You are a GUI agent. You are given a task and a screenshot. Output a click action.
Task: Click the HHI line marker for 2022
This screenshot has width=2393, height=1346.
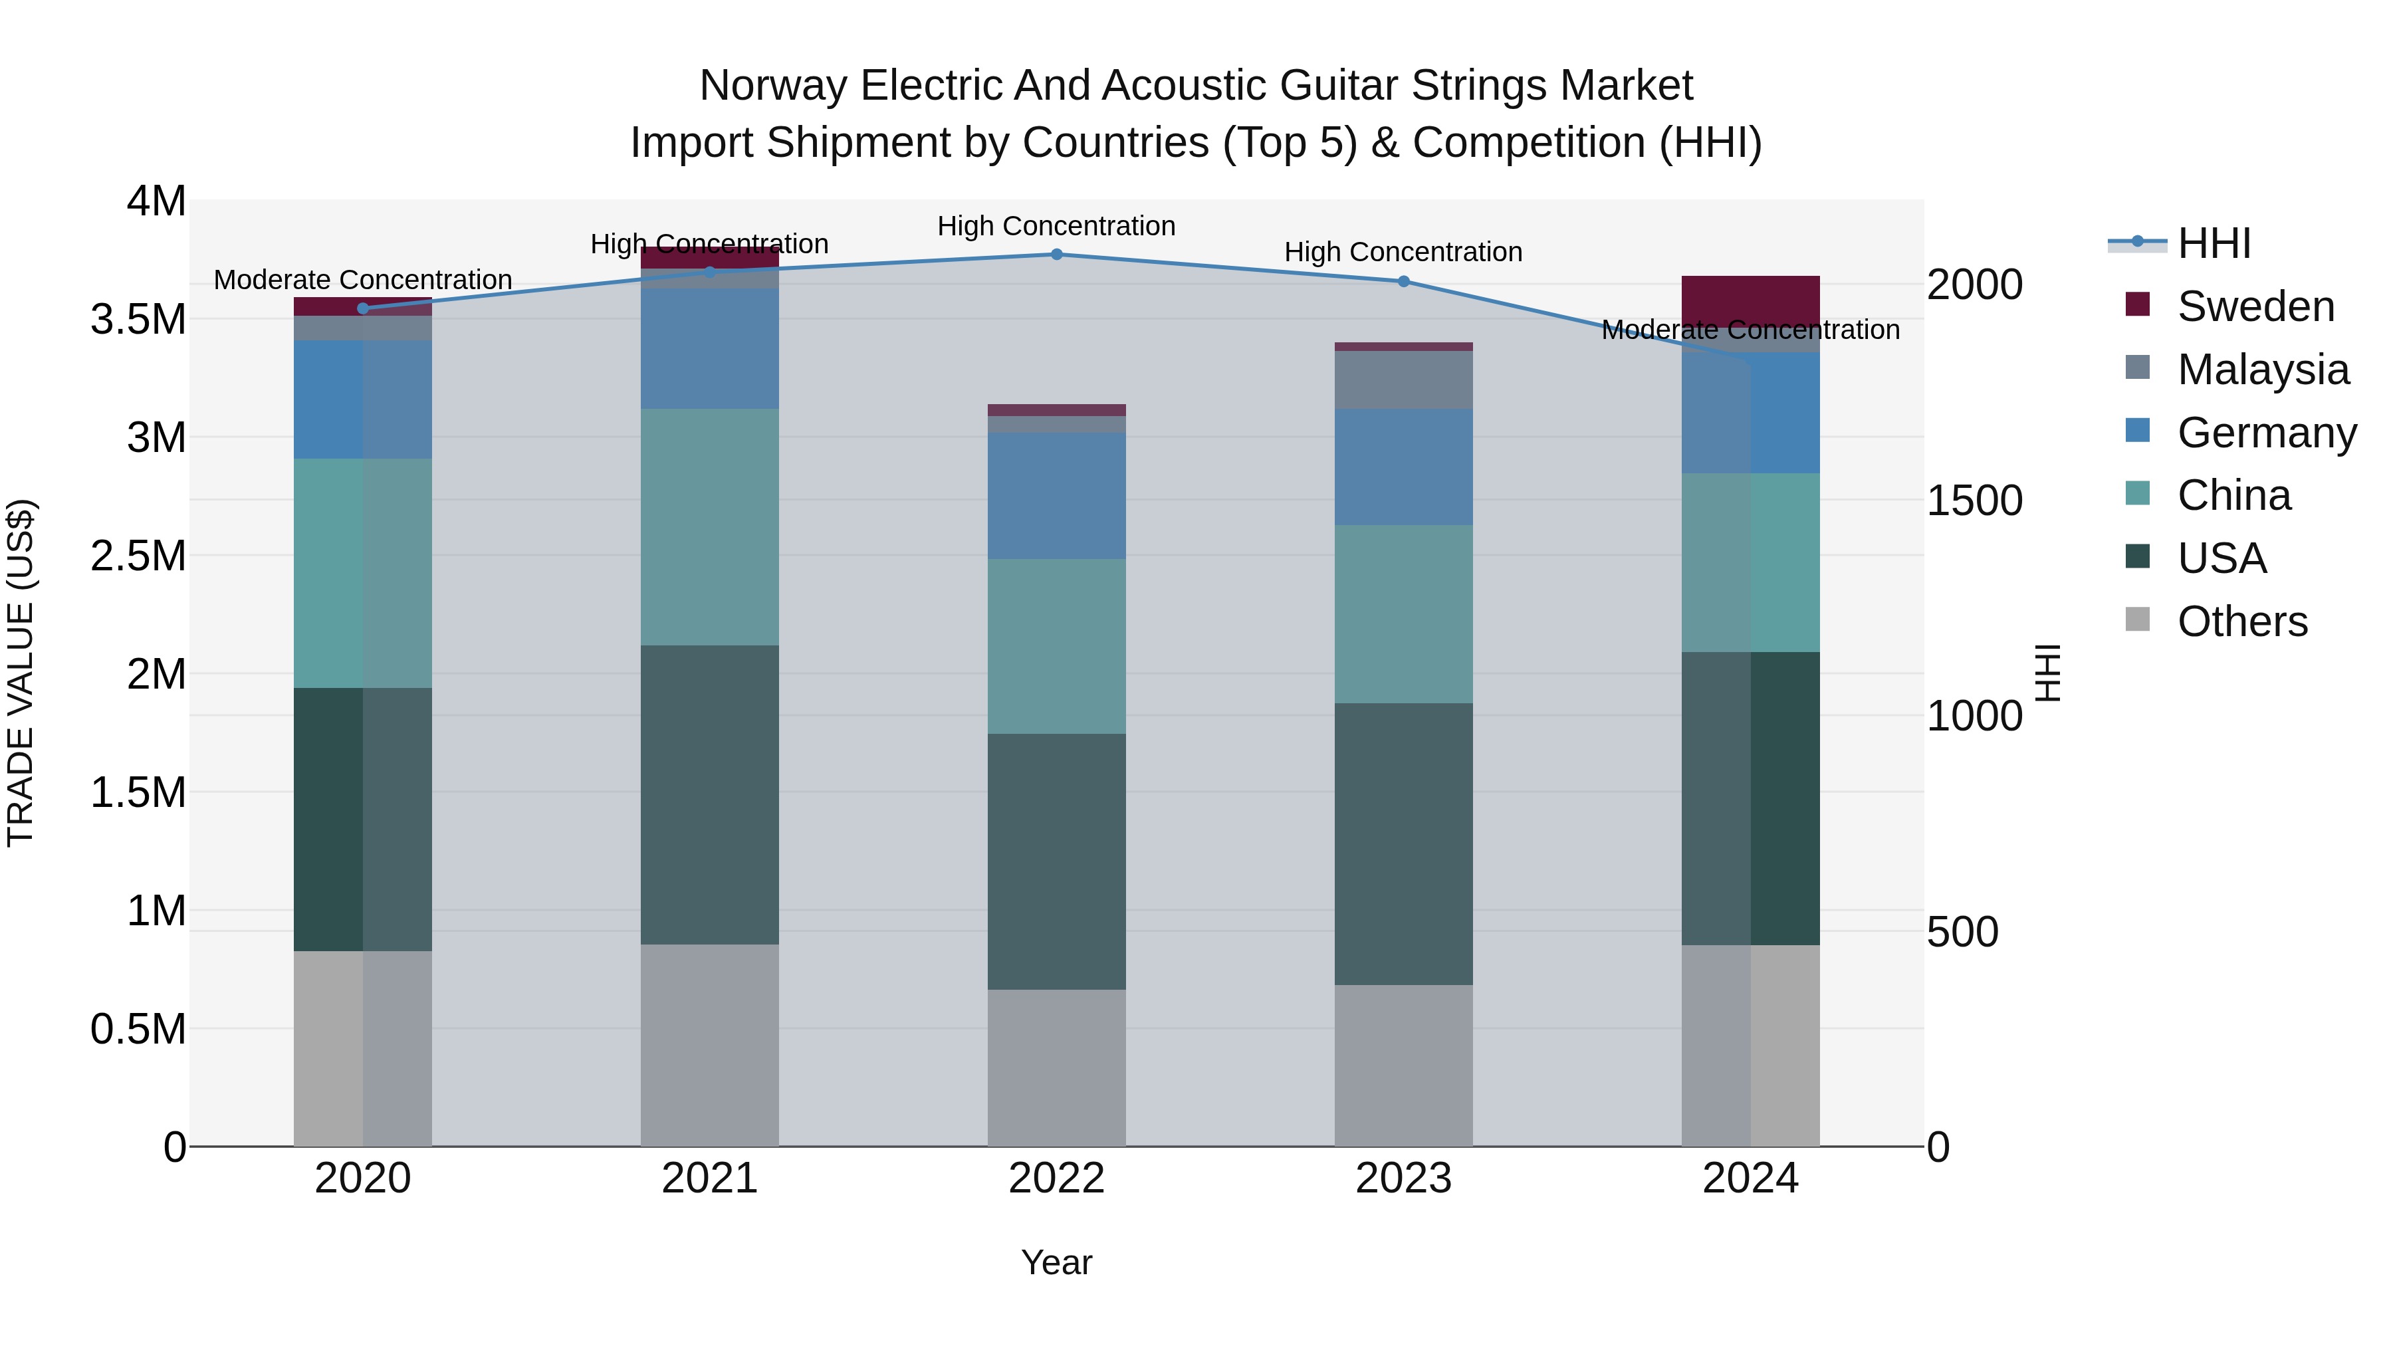point(1056,255)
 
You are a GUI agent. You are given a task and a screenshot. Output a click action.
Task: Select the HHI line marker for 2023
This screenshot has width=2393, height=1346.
point(1403,281)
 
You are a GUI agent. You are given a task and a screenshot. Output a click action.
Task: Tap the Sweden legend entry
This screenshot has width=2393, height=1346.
point(2255,306)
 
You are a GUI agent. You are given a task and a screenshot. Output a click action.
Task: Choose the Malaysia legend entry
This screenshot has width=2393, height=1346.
point(2262,370)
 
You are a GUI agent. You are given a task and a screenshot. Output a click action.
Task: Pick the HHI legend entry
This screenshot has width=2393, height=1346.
point(2213,243)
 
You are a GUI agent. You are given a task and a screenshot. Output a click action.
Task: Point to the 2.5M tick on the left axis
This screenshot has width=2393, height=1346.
point(138,556)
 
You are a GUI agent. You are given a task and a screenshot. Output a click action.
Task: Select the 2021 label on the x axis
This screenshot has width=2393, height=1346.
point(710,1178)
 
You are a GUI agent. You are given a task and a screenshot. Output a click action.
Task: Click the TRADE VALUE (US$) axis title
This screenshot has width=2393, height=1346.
point(21,673)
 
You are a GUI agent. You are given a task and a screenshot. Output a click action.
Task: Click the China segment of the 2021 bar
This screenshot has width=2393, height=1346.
point(710,526)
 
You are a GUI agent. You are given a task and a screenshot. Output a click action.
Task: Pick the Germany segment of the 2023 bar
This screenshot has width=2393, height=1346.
point(1403,467)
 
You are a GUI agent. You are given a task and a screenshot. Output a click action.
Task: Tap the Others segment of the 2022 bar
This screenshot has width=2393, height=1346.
point(1056,1067)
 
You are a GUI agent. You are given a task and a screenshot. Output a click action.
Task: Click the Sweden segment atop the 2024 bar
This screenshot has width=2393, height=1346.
point(1750,300)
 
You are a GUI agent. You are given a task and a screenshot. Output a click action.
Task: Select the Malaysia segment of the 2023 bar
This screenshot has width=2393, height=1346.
point(1403,380)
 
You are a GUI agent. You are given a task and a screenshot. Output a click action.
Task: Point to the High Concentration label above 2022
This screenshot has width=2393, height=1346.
point(1056,227)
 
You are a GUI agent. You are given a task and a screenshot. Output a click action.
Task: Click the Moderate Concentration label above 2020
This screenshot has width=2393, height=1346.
point(362,280)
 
